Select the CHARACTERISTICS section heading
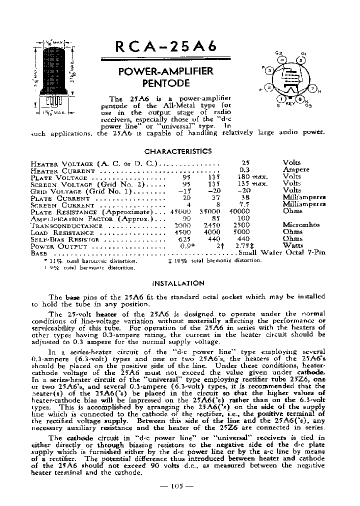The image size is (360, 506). (x=178, y=151)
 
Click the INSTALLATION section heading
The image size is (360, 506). (x=178, y=283)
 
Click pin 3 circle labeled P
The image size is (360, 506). (x=270, y=71)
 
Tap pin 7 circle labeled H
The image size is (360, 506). (x=313, y=89)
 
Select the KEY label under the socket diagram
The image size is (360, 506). (x=290, y=104)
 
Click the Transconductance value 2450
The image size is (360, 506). (x=214, y=225)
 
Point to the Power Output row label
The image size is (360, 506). (x=59, y=246)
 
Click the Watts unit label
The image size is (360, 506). (x=293, y=246)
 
